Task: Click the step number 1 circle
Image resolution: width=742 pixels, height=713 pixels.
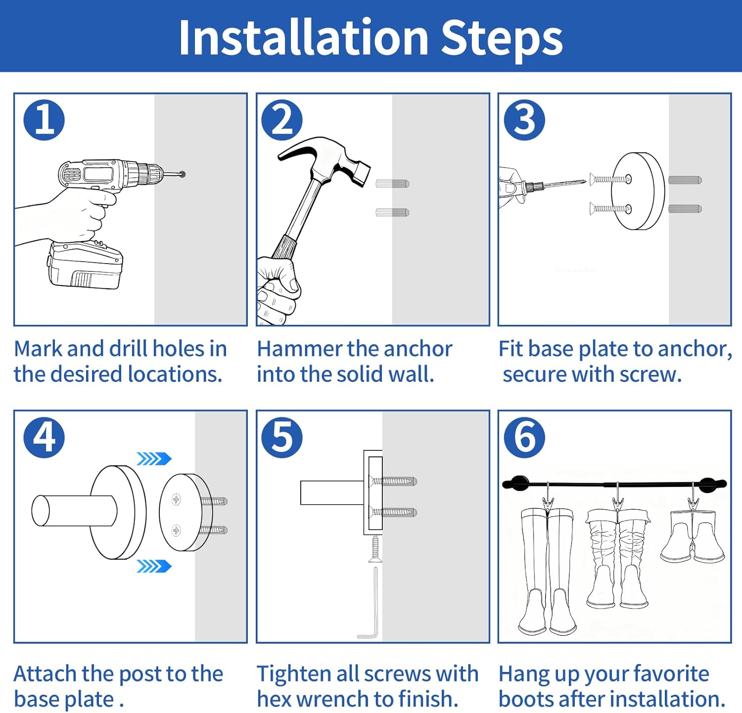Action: [44, 120]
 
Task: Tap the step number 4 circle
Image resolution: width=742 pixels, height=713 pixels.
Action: [44, 437]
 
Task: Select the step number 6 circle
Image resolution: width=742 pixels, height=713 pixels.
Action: [524, 437]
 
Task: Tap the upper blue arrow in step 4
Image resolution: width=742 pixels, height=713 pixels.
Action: [154, 459]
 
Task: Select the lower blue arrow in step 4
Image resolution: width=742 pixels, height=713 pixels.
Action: [154, 566]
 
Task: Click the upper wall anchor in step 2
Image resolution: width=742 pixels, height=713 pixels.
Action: [392, 184]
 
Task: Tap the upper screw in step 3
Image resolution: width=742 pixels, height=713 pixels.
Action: [610, 179]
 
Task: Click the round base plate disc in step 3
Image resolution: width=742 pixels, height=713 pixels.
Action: [638, 191]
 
